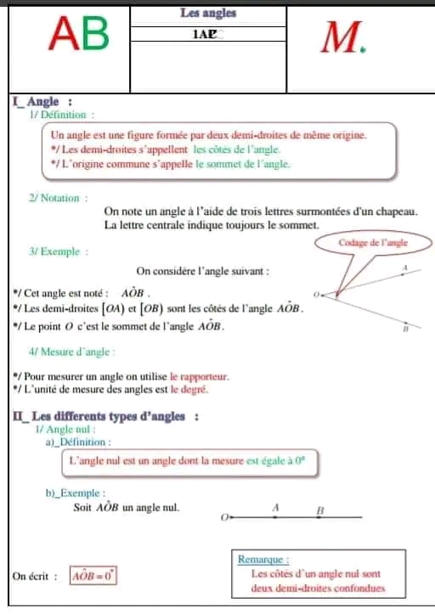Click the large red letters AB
coord(80,36)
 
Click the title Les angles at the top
coord(208,13)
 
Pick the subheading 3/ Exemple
coord(59,251)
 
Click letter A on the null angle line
coord(275,506)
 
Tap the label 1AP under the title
coord(205,35)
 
